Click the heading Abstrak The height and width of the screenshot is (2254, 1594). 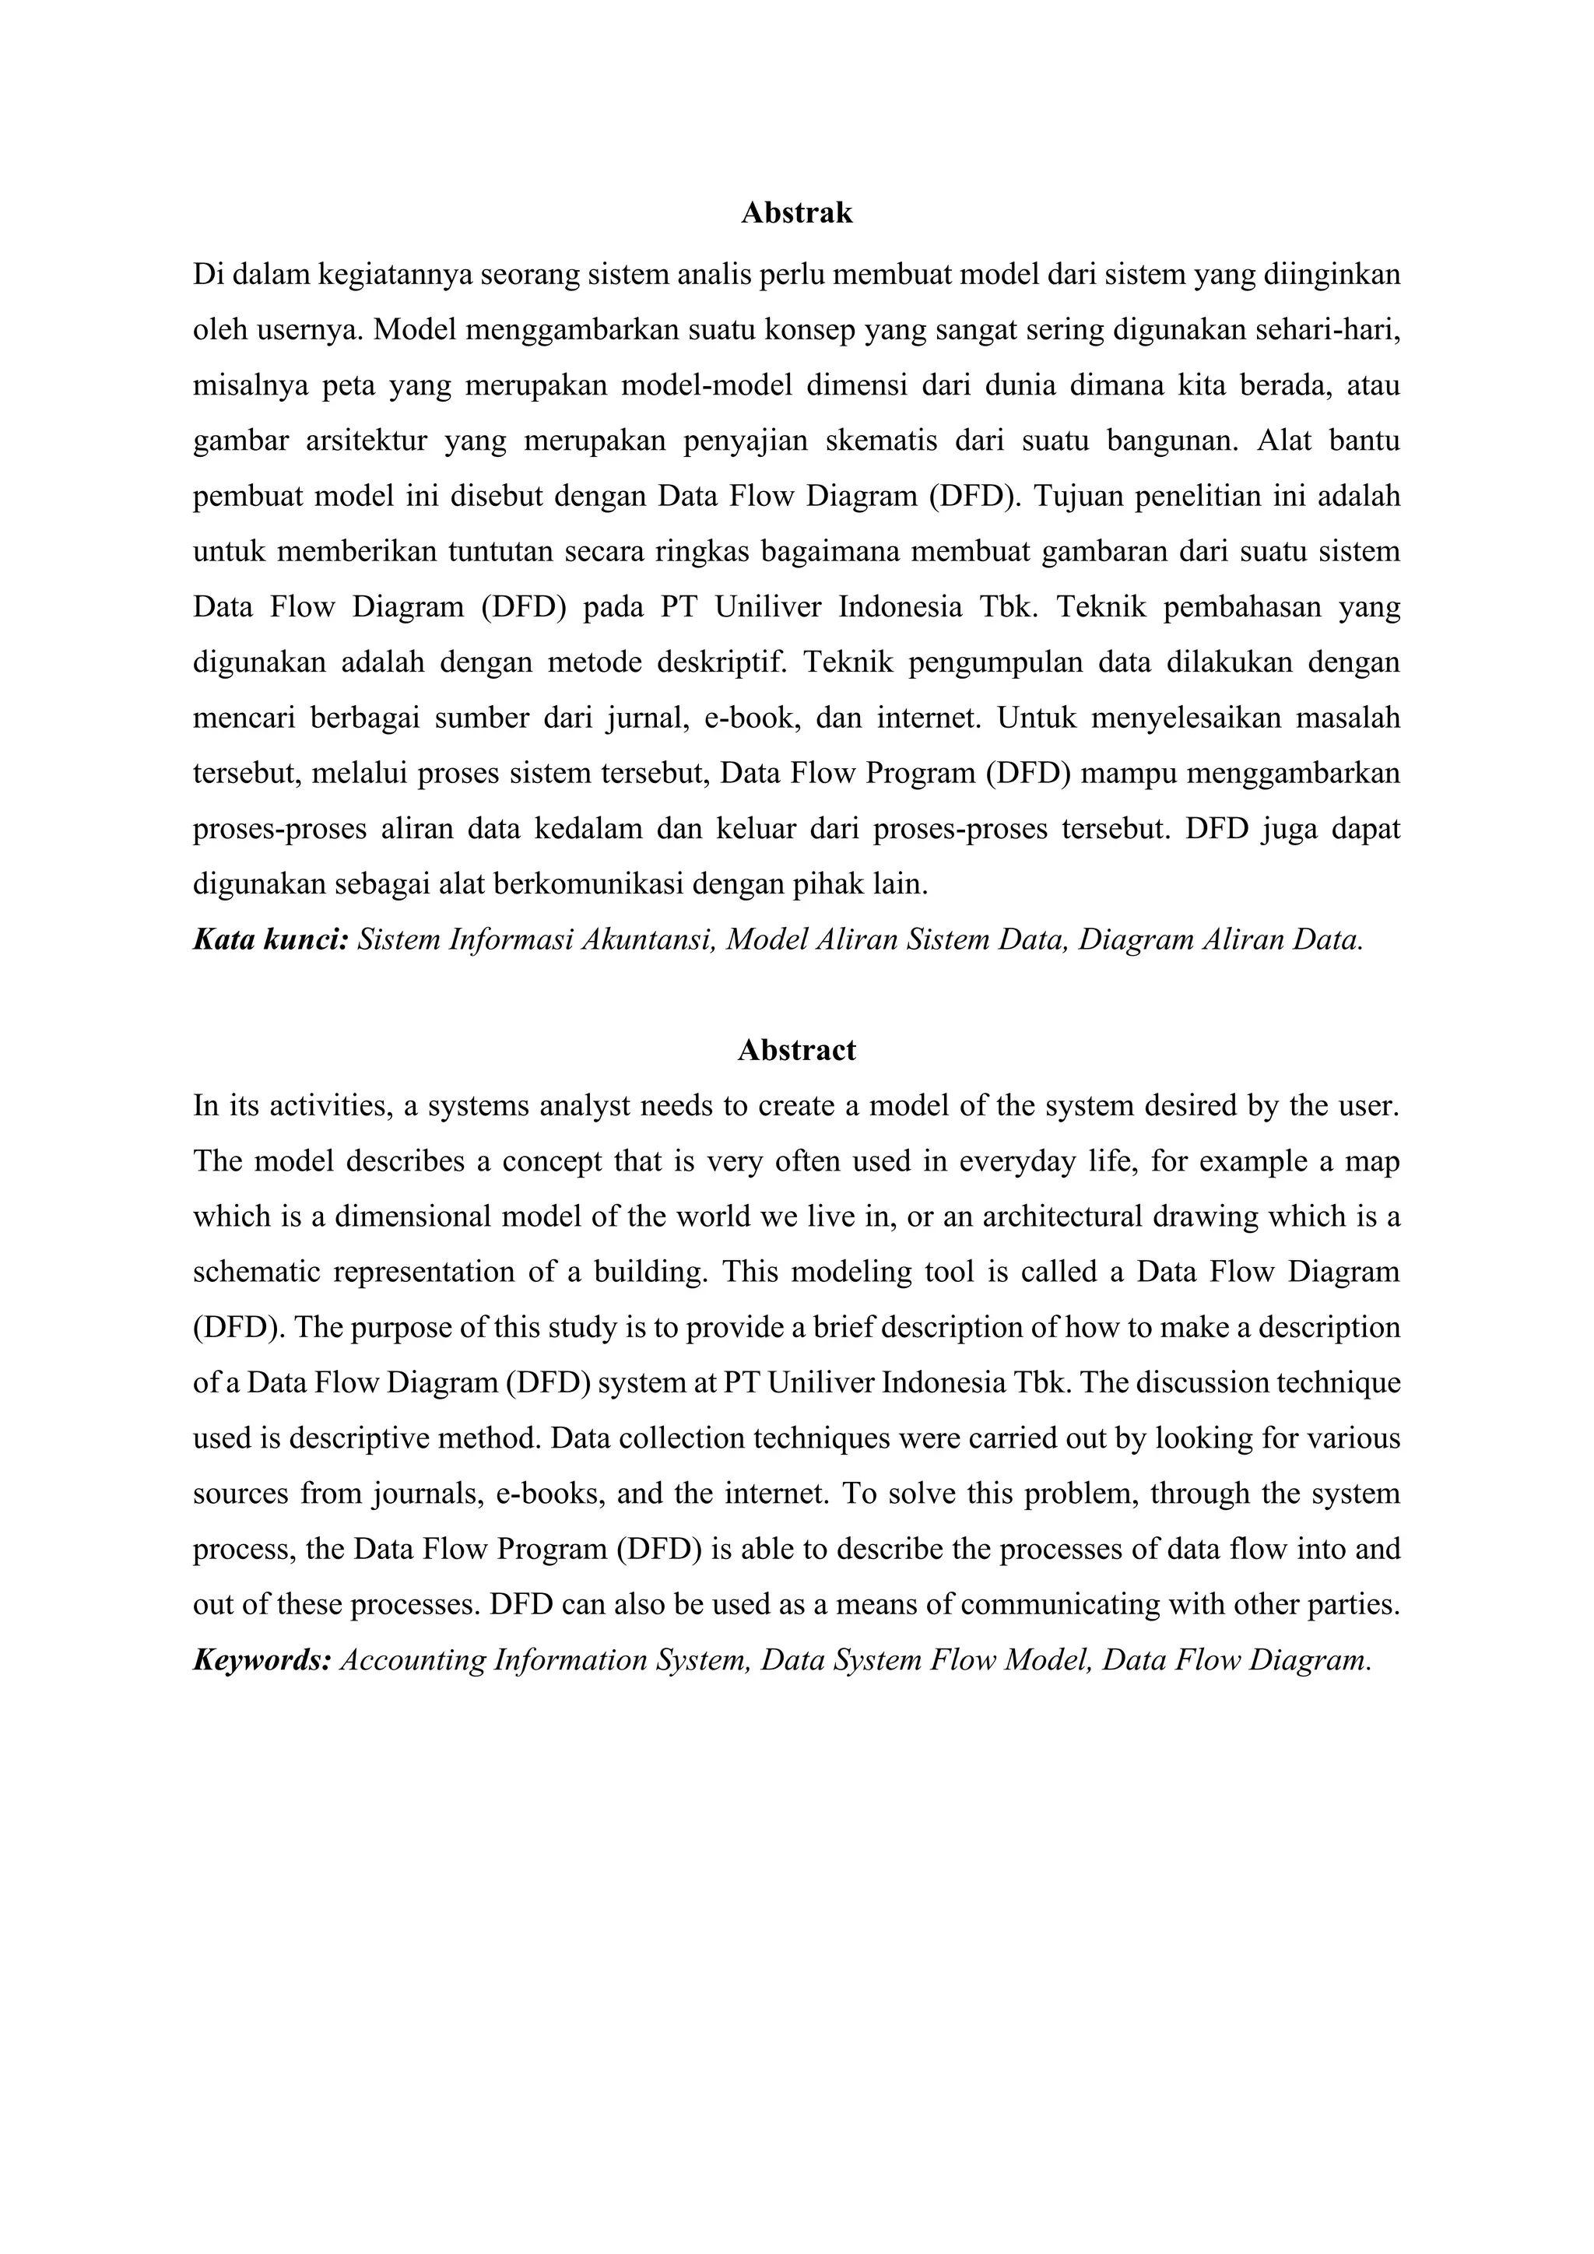coord(796,213)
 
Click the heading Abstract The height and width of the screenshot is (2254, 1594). coord(796,1051)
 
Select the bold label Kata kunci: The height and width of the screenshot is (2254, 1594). coord(271,940)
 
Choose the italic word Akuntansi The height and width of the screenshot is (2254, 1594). coord(647,940)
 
